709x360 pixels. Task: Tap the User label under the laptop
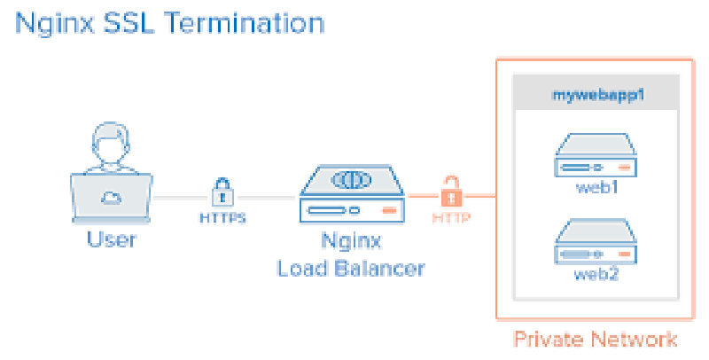tap(112, 240)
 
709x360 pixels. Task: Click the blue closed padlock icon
tap(222, 191)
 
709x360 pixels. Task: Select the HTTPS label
tap(222, 215)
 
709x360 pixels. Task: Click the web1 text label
tap(595, 188)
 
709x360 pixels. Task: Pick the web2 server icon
tap(595, 241)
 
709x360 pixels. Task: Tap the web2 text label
tap(595, 274)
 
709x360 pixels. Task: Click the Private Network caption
tap(596, 340)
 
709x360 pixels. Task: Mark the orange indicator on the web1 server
tap(624, 168)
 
